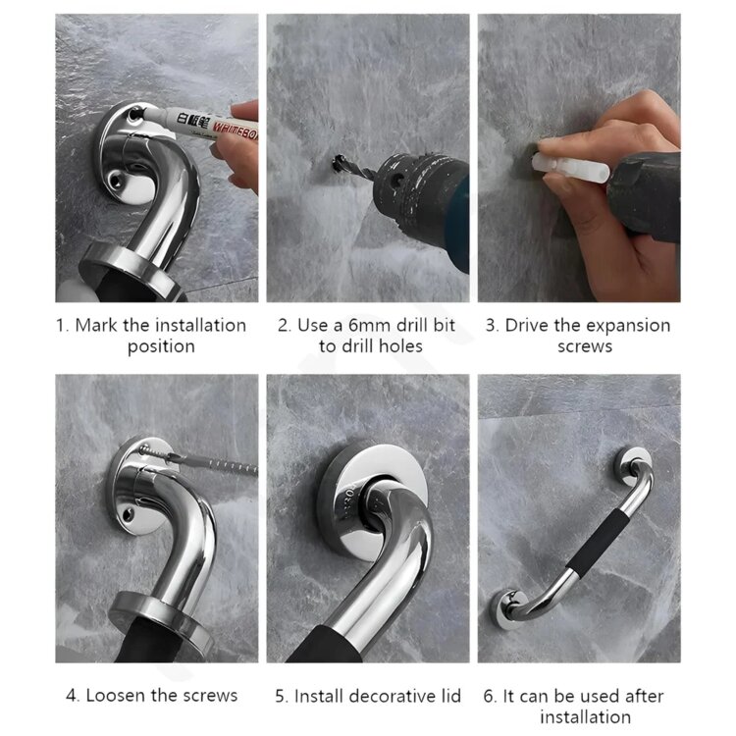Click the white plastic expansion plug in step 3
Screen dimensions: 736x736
(570, 168)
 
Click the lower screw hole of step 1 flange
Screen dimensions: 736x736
(116, 179)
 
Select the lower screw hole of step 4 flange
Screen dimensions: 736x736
(128, 515)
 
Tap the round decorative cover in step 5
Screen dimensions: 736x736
(371, 499)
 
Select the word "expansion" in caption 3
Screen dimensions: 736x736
(628, 326)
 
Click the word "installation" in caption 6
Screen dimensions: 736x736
(585, 717)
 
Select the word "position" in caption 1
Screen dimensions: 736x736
(161, 347)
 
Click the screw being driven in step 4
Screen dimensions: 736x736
(155, 452)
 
